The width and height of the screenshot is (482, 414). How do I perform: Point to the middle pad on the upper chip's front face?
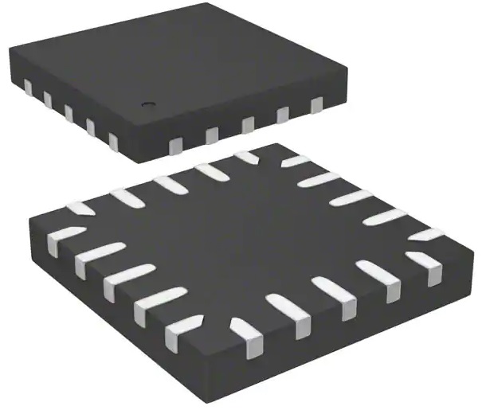click(248, 124)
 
